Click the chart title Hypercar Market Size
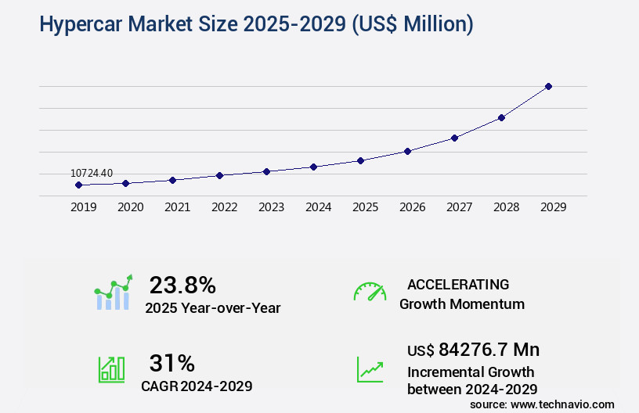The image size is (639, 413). pyautogui.click(x=255, y=25)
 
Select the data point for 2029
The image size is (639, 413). pyautogui.click(x=548, y=86)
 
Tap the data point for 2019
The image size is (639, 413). pyautogui.click(x=78, y=185)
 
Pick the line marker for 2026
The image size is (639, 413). pyautogui.click(x=407, y=151)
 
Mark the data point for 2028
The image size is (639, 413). pyautogui.click(x=501, y=117)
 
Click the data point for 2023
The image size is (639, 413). pyautogui.click(x=266, y=171)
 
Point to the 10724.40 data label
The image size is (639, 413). pyautogui.click(x=92, y=173)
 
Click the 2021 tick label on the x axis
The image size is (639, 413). pyautogui.click(x=177, y=207)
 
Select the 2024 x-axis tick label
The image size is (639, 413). pyautogui.click(x=318, y=207)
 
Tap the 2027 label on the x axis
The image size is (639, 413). pyautogui.click(x=459, y=207)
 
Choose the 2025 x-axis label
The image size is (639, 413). pyautogui.click(x=365, y=207)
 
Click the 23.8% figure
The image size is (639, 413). pyautogui.click(x=182, y=285)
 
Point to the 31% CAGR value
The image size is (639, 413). pyautogui.click(x=171, y=363)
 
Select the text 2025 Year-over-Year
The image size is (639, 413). pyautogui.click(x=212, y=308)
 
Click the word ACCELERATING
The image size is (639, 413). pyautogui.click(x=458, y=284)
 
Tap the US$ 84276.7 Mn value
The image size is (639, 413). pyautogui.click(x=473, y=349)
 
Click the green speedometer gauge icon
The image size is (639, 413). pyautogui.click(x=370, y=292)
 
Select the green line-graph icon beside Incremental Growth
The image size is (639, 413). pyautogui.click(x=370, y=369)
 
